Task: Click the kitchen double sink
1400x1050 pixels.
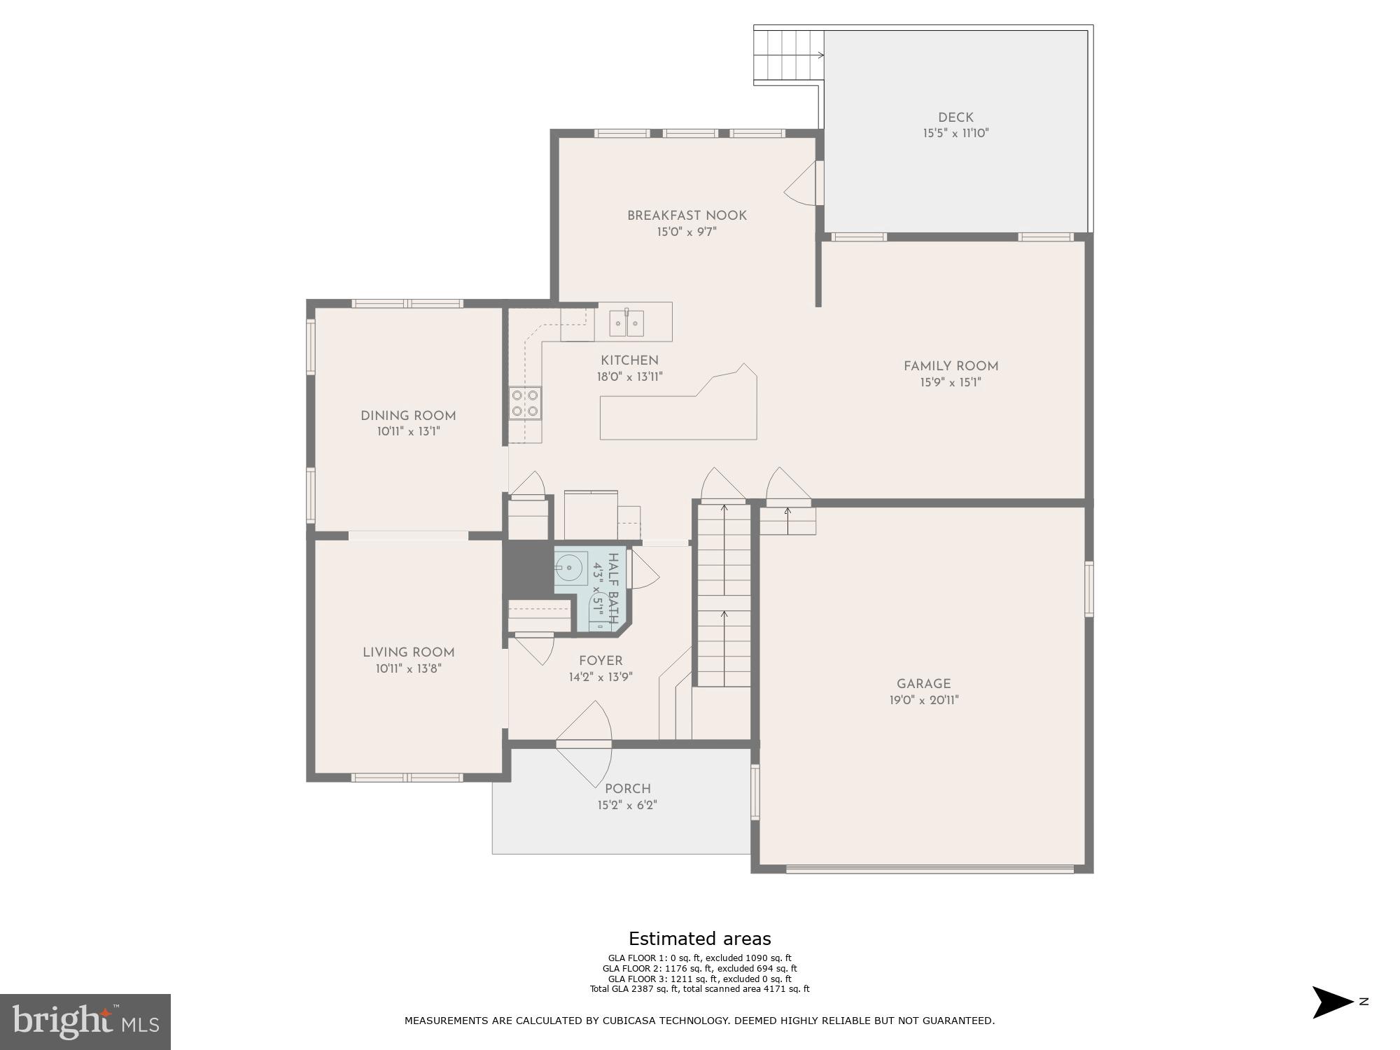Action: point(626,323)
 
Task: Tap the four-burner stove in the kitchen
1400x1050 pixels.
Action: point(525,403)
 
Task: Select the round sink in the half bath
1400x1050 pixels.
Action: point(570,568)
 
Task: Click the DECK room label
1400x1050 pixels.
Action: point(955,118)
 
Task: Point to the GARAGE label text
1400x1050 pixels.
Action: point(923,684)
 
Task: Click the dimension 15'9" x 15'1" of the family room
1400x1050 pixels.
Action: point(951,382)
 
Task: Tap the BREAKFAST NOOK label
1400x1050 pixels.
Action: point(687,216)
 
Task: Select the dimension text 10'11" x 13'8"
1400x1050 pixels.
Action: point(408,668)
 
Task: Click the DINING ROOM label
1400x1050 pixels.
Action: point(408,416)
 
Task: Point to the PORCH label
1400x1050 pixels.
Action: point(627,789)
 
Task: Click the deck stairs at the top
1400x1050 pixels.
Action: point(788,55)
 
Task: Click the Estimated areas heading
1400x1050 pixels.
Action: point(699,939)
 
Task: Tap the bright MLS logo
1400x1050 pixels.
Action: point(85,1021)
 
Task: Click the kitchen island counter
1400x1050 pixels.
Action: point(678,417)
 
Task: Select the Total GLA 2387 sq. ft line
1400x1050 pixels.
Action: point(699,989)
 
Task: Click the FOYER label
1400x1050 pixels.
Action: point(601,661)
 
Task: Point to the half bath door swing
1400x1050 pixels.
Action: point(644,570)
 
